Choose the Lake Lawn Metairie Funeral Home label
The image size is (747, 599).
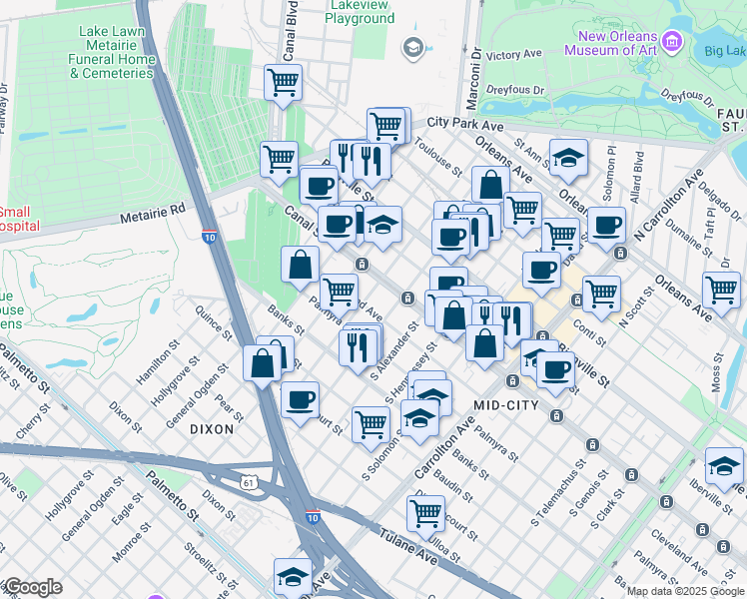[118, 52]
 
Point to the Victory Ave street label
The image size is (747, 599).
[515, 54]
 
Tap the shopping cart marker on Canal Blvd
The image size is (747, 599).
[284, 82]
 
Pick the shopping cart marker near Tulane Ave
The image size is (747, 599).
[425, 513]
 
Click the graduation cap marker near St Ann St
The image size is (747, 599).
[568, 156]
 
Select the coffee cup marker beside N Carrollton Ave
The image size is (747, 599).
[605, 225]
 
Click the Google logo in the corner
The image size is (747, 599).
[32, 587]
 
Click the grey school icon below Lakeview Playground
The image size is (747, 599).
[411, 47]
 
